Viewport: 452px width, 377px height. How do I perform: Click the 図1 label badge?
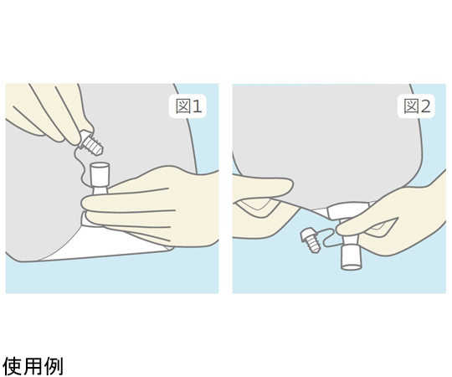[187, 106]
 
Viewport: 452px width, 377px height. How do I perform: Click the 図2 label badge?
[416, 106]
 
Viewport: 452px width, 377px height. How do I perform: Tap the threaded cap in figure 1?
[91, 143]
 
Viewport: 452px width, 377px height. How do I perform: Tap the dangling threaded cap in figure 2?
[310, 240]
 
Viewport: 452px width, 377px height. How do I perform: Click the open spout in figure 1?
[100, 178]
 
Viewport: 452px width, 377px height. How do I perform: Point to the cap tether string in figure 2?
[330, 236]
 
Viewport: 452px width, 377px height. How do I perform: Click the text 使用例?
[33, 366]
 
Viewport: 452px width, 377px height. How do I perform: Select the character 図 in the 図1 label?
[182, 106]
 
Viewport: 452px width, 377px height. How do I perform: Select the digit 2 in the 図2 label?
[425, 106]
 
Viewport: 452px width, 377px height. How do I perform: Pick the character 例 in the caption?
[54, 366]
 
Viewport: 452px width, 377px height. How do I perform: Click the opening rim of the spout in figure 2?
[352, 266]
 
